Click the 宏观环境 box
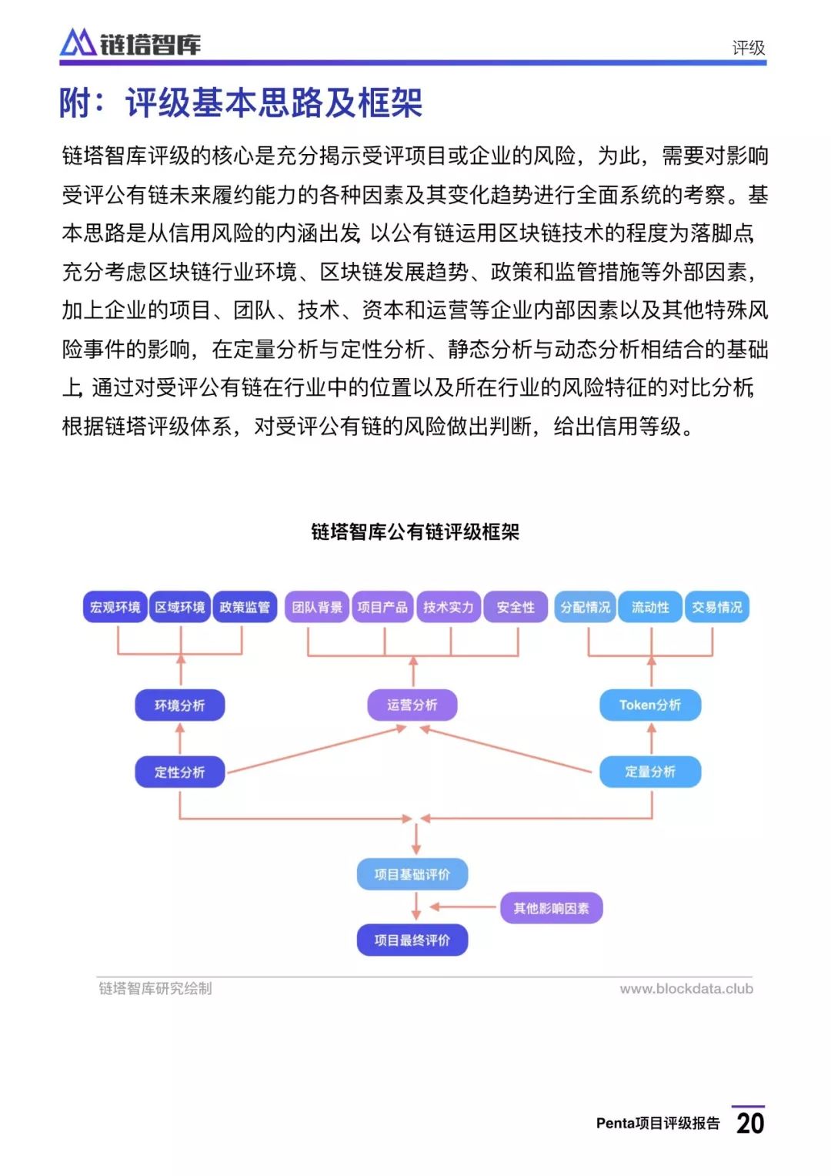pyautogui.click(x=115, y=607)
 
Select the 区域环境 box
pyautogui.click(x=180, y=607)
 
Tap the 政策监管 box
pyautogui.click(x=245, y=607)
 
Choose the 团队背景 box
pyautogui.click(x=317, y=607)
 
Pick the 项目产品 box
pyautogui.click(x=382, y=607)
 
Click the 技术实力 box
pyautogui.click(x=449, y=607)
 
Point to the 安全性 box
pyautogui.click(x=516, y=607)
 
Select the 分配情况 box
pyautogui.click(x=585, y=607)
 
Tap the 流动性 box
pyautogui.click(x=650, y=607)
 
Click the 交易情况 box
pyautogui.click(x=716, y=607)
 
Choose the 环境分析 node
pyautogui.click(x=180, y=705)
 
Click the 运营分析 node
pyautogui.click(x=412, y=705)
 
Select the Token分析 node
pyautogui.click(x=650, y=705)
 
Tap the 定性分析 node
pyautogui.click(x=180, y=772)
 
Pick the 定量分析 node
pyautogui.click(x=650, y=771)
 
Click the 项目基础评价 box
pyautogui.click(x=412, y=874)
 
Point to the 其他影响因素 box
pyautogui.click(x=552, y=908)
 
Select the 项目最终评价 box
pyautogui.click(x=412, y=940)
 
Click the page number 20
pyautogui.click(x=750, y=1124)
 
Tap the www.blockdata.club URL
pyautogui.click(x=686, y=989)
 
